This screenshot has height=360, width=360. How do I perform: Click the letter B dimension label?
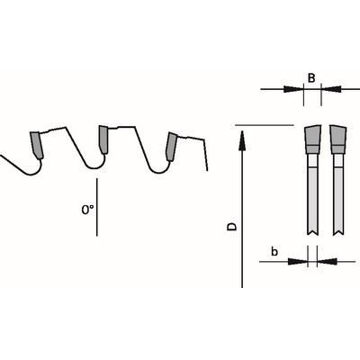click(311, 78)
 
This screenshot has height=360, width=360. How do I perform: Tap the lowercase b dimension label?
click(274, 251)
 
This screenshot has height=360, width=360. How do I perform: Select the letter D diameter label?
click(231, 227)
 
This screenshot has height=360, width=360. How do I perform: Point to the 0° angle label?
click(87, 210)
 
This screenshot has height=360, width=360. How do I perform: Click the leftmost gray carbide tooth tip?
click(37, 145)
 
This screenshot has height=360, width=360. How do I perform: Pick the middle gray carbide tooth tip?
click(103, 139)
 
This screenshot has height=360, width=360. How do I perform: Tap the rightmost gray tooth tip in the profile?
click(171, 147)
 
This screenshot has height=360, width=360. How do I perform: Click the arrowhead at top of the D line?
click(242, 139)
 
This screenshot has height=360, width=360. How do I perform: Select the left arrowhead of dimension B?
click(293, 89)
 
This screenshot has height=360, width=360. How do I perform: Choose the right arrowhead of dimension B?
click(331, 89)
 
